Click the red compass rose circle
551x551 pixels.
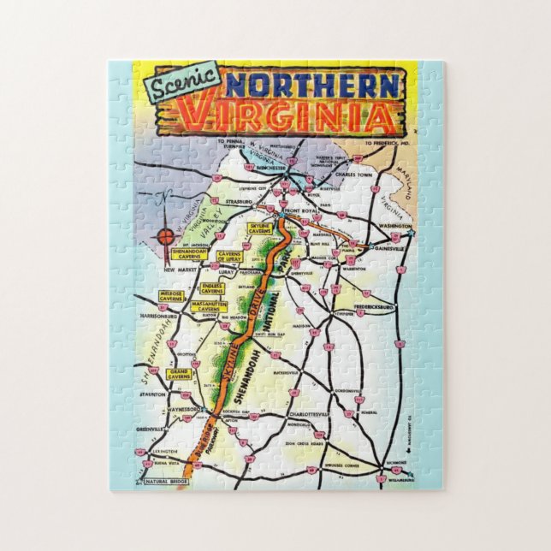point(165,234)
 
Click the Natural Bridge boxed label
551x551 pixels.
point(169,483)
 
